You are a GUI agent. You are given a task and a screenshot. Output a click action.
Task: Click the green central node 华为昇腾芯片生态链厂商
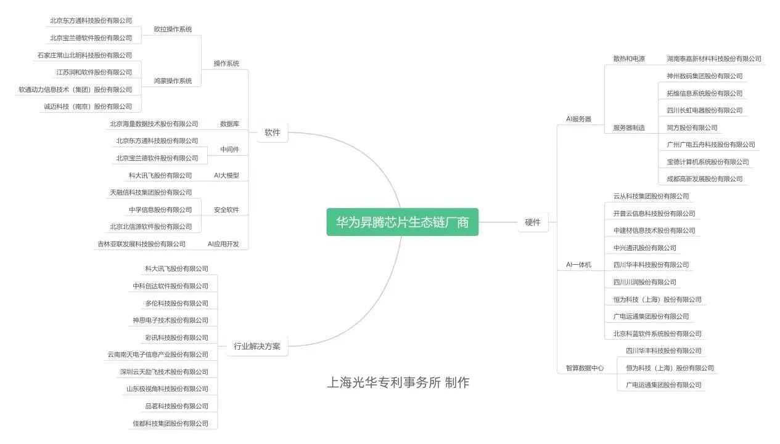pyautogui.click(x=402, y=222)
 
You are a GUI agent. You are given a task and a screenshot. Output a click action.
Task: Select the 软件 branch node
pyautogui.click(x=272, y=132)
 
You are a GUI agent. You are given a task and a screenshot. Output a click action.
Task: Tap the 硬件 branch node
pyautogui.click(x=532, y=222)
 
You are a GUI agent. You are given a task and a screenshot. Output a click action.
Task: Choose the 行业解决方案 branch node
pyautogui.click(x=257, y=346)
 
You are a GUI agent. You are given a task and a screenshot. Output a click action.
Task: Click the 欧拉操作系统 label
pyautogui.click(x=173, y=29)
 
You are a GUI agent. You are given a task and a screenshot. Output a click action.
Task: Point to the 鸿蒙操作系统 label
pyautogui.click(x=173, y=81)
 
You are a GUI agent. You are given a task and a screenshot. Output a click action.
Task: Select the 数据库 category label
pyautogui.click(x=229, y=124)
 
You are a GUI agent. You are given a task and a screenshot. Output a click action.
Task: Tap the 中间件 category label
pyautogui.click(x=229, y=150)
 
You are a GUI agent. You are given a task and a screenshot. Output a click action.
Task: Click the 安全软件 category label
pyautogui.click(x=226, y=210)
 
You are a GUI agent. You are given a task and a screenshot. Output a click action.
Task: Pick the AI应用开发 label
pyautogui.click(x=223, y=244)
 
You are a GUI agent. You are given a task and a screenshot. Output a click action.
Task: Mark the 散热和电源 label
pyautogui.click(x=629, y=59)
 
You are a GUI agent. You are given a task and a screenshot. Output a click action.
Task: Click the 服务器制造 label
pyautogui.click(x=629, y=128)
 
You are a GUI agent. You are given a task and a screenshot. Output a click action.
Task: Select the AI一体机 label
pyautogui.click(x=578, y=265)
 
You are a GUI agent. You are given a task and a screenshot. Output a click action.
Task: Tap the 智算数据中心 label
pyautogui.click(x=585, y=368)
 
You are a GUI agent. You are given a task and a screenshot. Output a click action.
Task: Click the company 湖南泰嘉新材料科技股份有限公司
pyautogui.click(x=714, y=59)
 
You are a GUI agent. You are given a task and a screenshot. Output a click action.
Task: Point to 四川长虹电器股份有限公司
pyautogui.click(x=705, y=111)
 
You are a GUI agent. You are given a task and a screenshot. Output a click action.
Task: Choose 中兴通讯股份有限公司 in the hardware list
pyautogui.click(x=644, y=248)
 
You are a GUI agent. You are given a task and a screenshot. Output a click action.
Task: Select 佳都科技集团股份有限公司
pyautogui.click(x=170, y=424)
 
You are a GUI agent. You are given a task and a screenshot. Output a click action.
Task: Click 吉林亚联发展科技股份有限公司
pyautogui.click(x=141, y=244)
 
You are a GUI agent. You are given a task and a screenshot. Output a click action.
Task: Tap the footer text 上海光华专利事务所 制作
pyautogui.click(x=398, y=382)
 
